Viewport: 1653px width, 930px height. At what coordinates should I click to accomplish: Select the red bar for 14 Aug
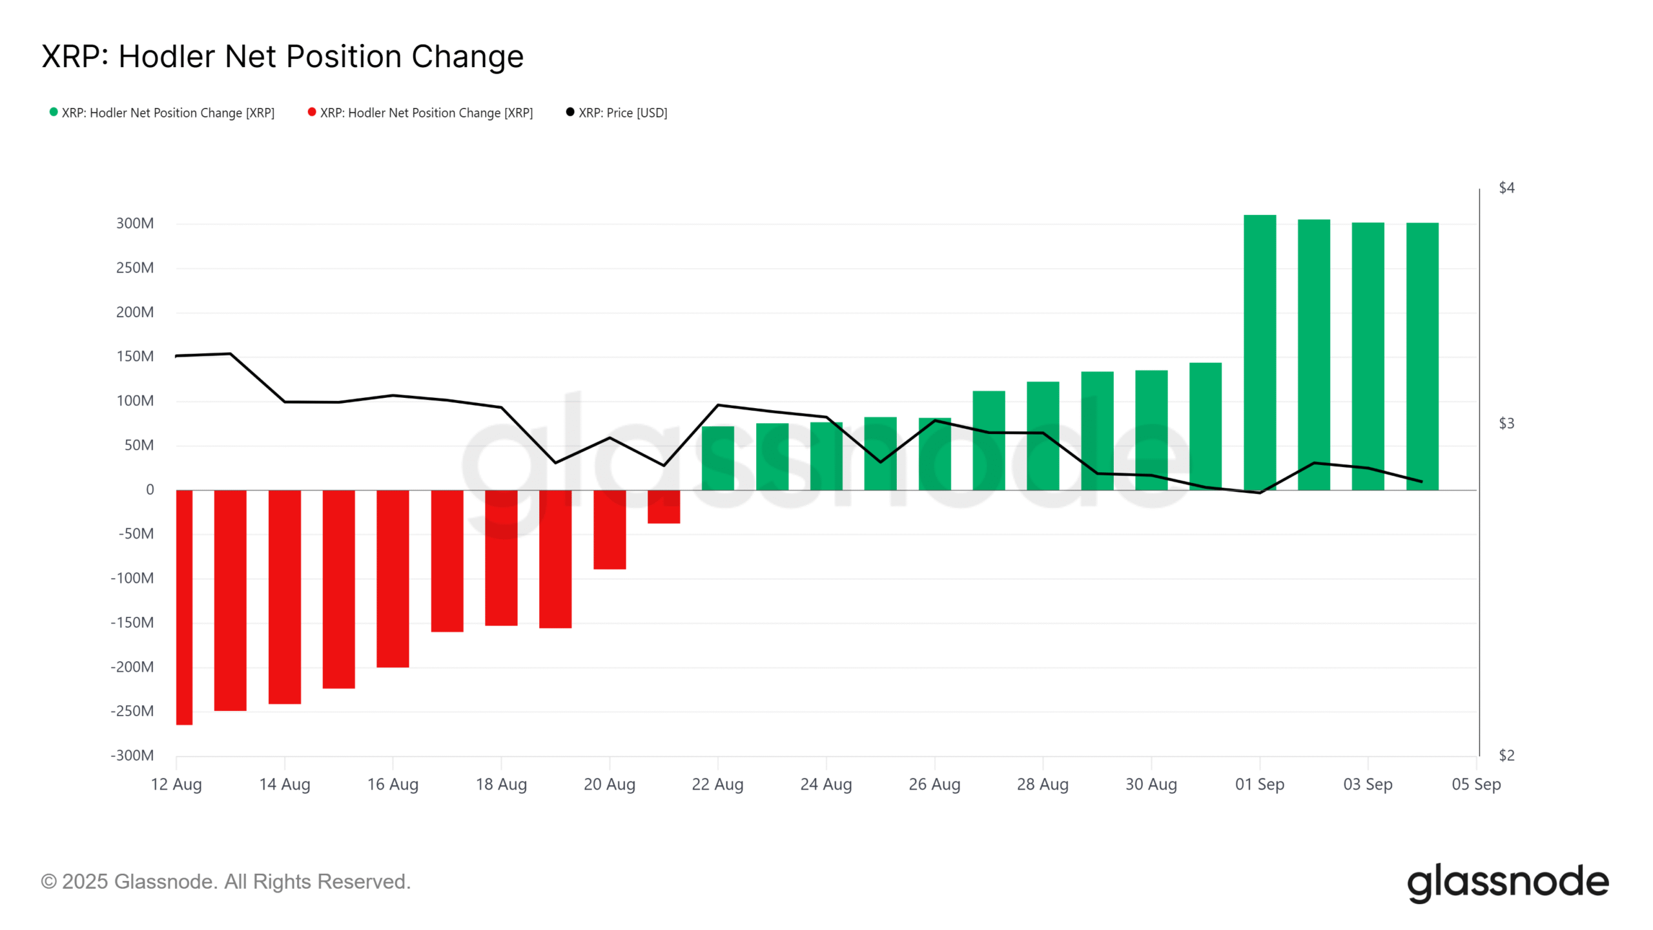click(284, 597)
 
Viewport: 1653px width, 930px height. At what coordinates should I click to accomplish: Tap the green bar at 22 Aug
click(717, 458)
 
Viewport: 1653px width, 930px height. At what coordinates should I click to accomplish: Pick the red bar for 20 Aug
click(610, 530)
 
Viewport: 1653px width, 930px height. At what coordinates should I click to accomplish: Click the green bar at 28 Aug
click(1042, 436)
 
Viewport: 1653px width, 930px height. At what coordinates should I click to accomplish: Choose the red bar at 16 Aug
click(393, 579)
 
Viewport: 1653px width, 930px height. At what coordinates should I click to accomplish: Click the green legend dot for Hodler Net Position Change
click(54, 112)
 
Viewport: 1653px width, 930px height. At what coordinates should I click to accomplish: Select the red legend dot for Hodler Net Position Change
click(312, 112)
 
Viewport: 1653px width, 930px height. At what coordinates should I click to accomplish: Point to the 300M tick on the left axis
click(135, 223)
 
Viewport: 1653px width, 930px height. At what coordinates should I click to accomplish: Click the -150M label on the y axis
click(132, 623)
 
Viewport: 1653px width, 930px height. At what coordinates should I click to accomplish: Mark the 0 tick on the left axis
click(150, 490)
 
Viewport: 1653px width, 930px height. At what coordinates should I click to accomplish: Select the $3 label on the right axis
click(1506, 424)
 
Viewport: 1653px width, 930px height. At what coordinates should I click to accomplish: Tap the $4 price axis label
click(1506, 188)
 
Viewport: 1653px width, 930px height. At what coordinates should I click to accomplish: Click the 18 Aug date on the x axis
click(501, 785)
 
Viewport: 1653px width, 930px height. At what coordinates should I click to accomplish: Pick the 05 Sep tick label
click(1476, 785)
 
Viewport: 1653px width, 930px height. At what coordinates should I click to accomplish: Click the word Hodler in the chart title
click(164, 57)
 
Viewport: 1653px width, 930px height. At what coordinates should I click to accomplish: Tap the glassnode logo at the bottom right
click(1507, 882)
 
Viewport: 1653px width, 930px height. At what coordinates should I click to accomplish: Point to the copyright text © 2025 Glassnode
click(225, 882)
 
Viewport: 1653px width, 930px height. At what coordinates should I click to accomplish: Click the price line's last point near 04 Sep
click(1421, 482)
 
